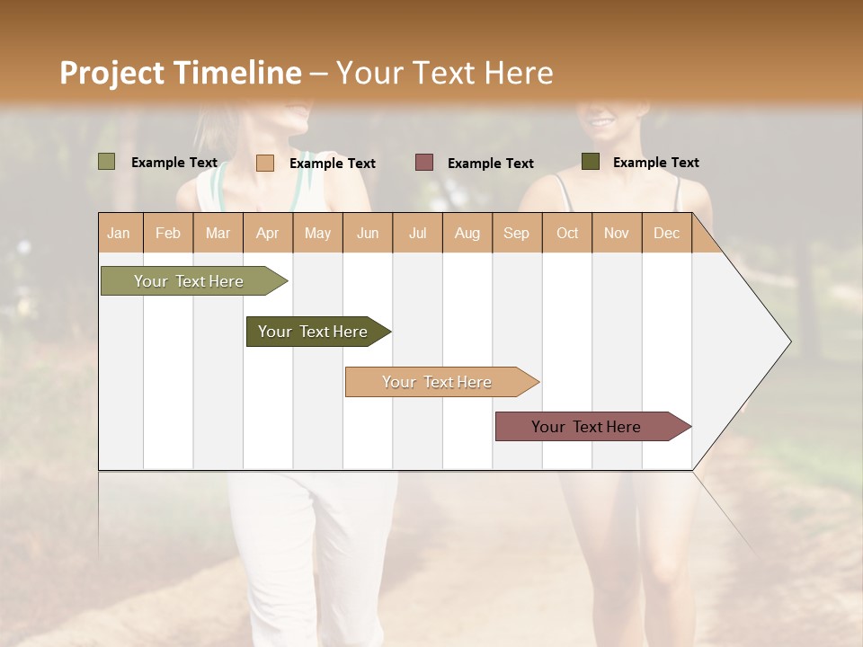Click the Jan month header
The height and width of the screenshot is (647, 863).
[120, 233]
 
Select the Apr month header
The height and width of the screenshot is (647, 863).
[268, 233]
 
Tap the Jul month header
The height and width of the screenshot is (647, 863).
[417, 233]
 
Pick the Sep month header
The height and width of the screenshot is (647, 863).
[516, 233]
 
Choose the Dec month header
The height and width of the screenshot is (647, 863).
[666, 233]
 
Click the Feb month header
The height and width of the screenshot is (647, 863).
[168, 233]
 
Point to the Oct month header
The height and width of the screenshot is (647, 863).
[567, 233]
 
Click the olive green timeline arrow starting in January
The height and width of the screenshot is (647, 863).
[190, 281]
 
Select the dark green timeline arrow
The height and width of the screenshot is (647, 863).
[314, 332]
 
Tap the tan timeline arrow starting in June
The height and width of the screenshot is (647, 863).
[438, 382]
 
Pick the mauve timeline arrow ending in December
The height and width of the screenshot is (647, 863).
[587, 427]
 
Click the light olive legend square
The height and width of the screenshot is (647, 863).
[107, 162]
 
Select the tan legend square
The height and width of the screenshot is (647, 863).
[265, 163]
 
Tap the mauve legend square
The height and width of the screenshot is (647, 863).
[424, 162]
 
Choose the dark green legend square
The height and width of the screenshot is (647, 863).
[591, 161]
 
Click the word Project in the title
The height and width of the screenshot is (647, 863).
[112, 73]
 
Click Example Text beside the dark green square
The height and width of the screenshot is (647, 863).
[655, 162]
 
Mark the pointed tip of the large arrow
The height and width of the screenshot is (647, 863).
[789, 341]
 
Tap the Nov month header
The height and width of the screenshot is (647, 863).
[617, 233]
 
